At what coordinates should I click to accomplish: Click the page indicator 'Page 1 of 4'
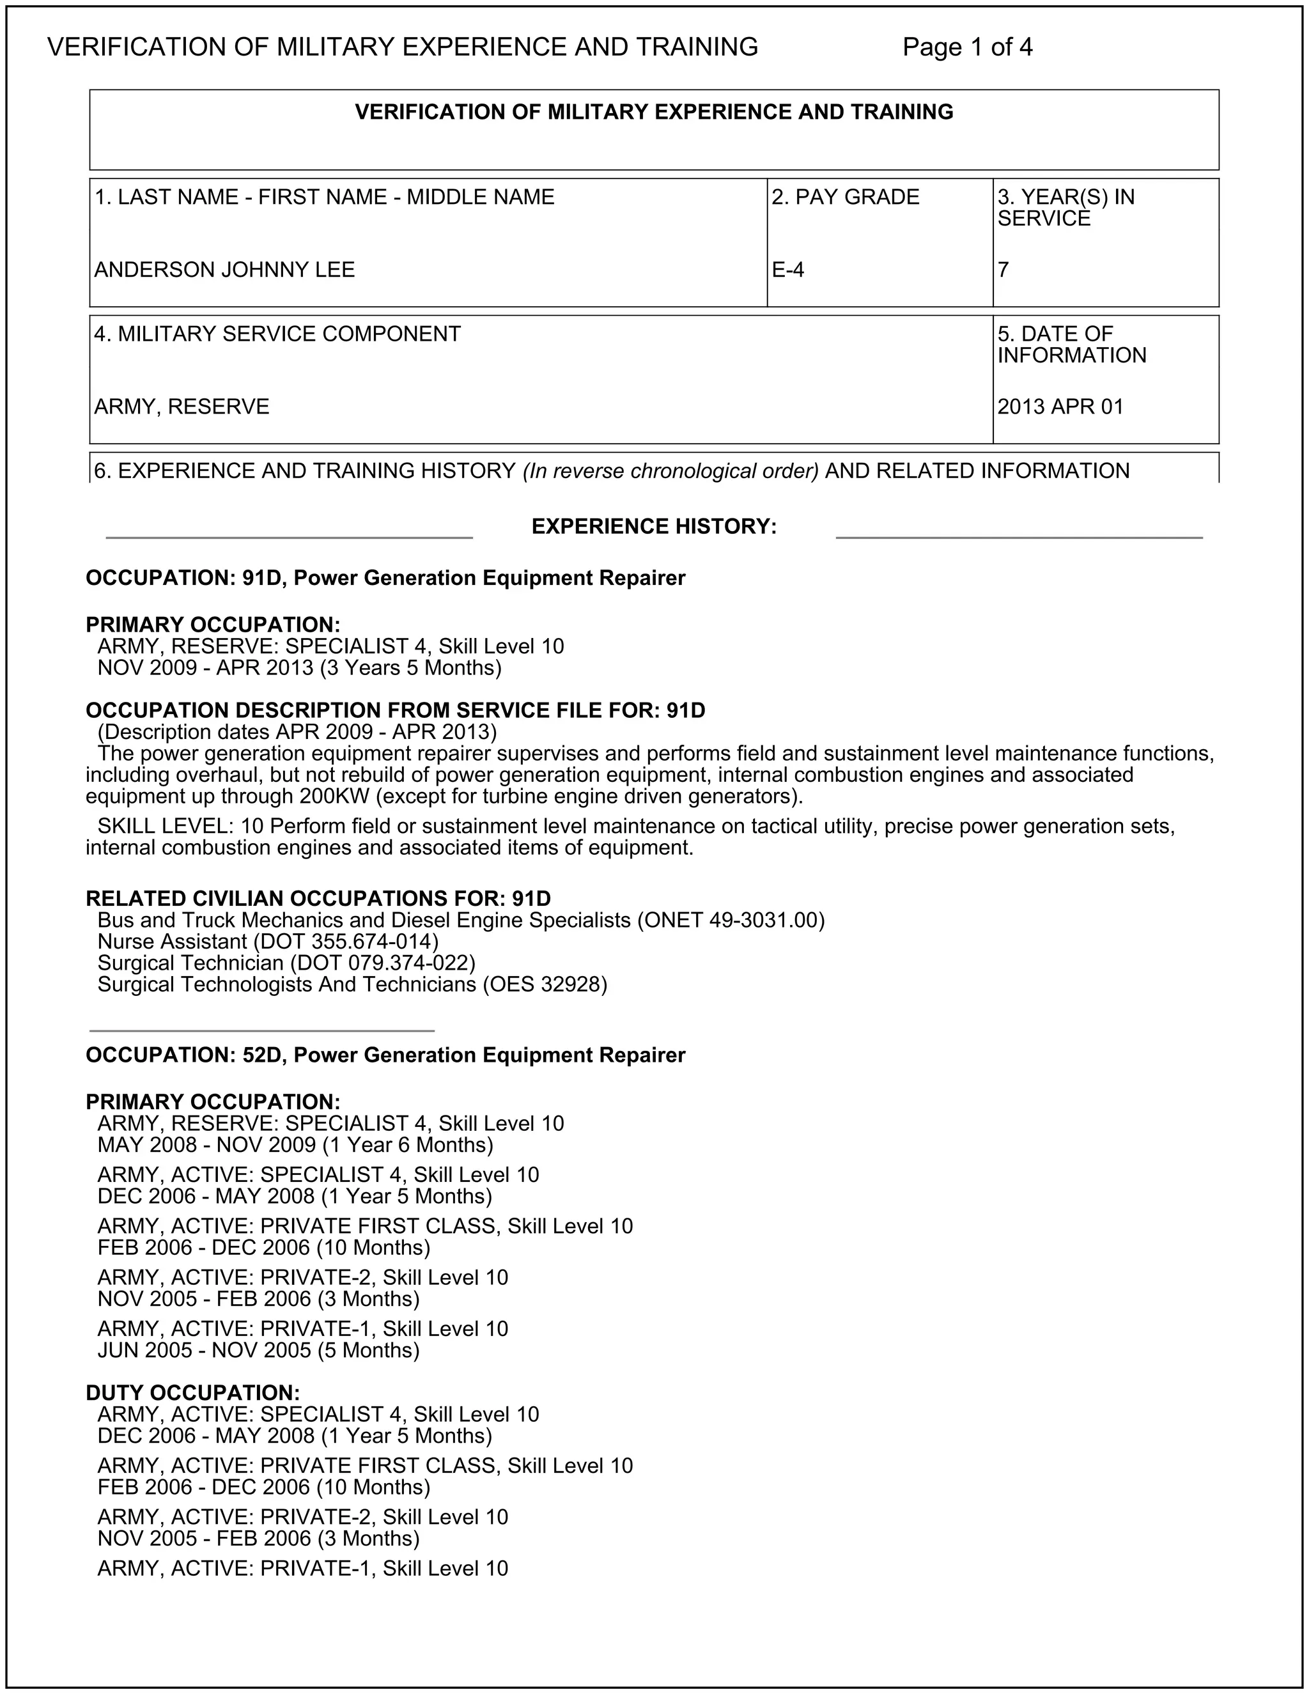click(x=967, y=47)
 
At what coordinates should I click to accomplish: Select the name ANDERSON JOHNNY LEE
click(x=224, y=270)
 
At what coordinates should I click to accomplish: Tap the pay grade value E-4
click(x=788, y=270)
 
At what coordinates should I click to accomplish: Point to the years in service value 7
click(x=1003, y=270)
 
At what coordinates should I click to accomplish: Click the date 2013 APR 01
click(x=1060, y=407)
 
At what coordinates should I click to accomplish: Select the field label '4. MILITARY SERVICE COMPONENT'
click(x=277, y=334)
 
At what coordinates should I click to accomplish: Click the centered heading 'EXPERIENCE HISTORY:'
click(x=654, y=527)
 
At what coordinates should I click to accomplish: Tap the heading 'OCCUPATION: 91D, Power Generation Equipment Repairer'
click(x=385, y=578)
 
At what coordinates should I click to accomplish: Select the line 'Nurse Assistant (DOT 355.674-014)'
click(x=268, y=942)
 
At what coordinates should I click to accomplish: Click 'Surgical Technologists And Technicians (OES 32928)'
click(x=352, y=984)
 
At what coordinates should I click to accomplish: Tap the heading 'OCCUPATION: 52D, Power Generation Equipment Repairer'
click(x=385, y=1055)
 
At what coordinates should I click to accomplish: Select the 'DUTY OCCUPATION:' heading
click(x=192, y=1393)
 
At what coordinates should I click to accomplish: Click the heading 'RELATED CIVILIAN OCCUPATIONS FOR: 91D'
click(x=318, y=898)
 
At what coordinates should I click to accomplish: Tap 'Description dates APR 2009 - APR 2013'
click(x=297, y=732)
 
